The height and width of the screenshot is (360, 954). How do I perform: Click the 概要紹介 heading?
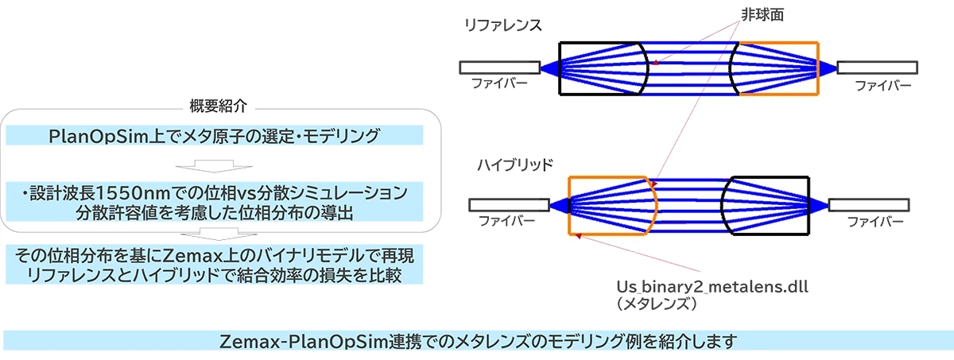(x=218, y=106)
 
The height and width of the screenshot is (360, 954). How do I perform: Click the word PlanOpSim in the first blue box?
(x=98, y=136)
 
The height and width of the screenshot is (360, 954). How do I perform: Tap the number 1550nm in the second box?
(x=133, y=193)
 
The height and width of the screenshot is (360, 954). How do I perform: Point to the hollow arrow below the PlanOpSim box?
(x=214, y=166)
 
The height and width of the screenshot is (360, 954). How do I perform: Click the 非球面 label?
(x=762, y=15)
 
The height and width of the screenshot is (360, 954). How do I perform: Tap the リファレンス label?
(x=503, y=25)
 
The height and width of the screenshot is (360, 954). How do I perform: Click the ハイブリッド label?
(x=515, y=165)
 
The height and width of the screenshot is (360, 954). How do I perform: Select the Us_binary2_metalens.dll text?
(x=712, y=287)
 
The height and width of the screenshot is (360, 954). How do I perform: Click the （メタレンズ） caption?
(x=657, y=304)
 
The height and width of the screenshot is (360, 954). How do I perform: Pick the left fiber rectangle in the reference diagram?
(x=499, y=68)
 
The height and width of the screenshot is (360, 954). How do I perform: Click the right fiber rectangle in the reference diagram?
(x=878, y=68)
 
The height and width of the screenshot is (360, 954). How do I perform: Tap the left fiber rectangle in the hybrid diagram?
(x=509, y=205)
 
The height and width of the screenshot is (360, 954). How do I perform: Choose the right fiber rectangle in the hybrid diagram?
(x=869, y=205)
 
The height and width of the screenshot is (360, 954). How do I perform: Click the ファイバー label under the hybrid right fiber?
(x=875, y=222)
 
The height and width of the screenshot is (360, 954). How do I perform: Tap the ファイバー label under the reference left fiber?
(x=499, y=83)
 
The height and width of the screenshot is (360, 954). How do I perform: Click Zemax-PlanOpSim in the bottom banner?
(x=304, y=341)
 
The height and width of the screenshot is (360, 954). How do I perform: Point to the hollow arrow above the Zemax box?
(x=219, y=234)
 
